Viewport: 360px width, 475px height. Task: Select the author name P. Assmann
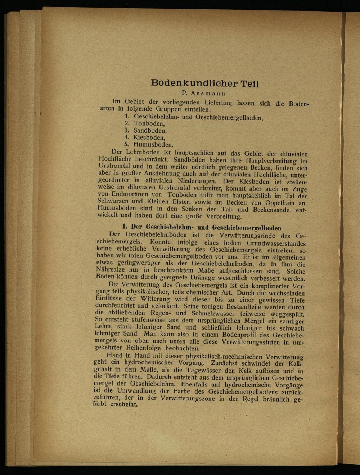point(204,93)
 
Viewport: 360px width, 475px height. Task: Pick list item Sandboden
point(150,130)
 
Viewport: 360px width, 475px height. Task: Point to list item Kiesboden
point(149,137)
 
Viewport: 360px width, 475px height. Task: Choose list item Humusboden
point(153,144)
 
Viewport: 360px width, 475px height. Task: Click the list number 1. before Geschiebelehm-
point(127,117)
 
